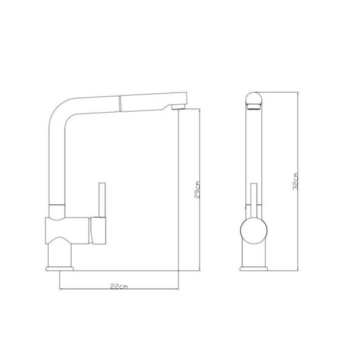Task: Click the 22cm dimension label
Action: point(118,286)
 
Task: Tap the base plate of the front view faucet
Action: point(253,269)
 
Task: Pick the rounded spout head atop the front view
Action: point(253,100)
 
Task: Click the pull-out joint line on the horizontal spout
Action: point(119,104)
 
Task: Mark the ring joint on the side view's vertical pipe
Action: point(56,206)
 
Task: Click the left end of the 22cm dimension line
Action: point(60,289)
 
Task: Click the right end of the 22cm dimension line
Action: point(178,289)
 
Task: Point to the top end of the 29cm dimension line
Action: point(199,109)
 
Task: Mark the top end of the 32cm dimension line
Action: point(298,93)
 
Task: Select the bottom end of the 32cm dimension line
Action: point(298,270)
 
